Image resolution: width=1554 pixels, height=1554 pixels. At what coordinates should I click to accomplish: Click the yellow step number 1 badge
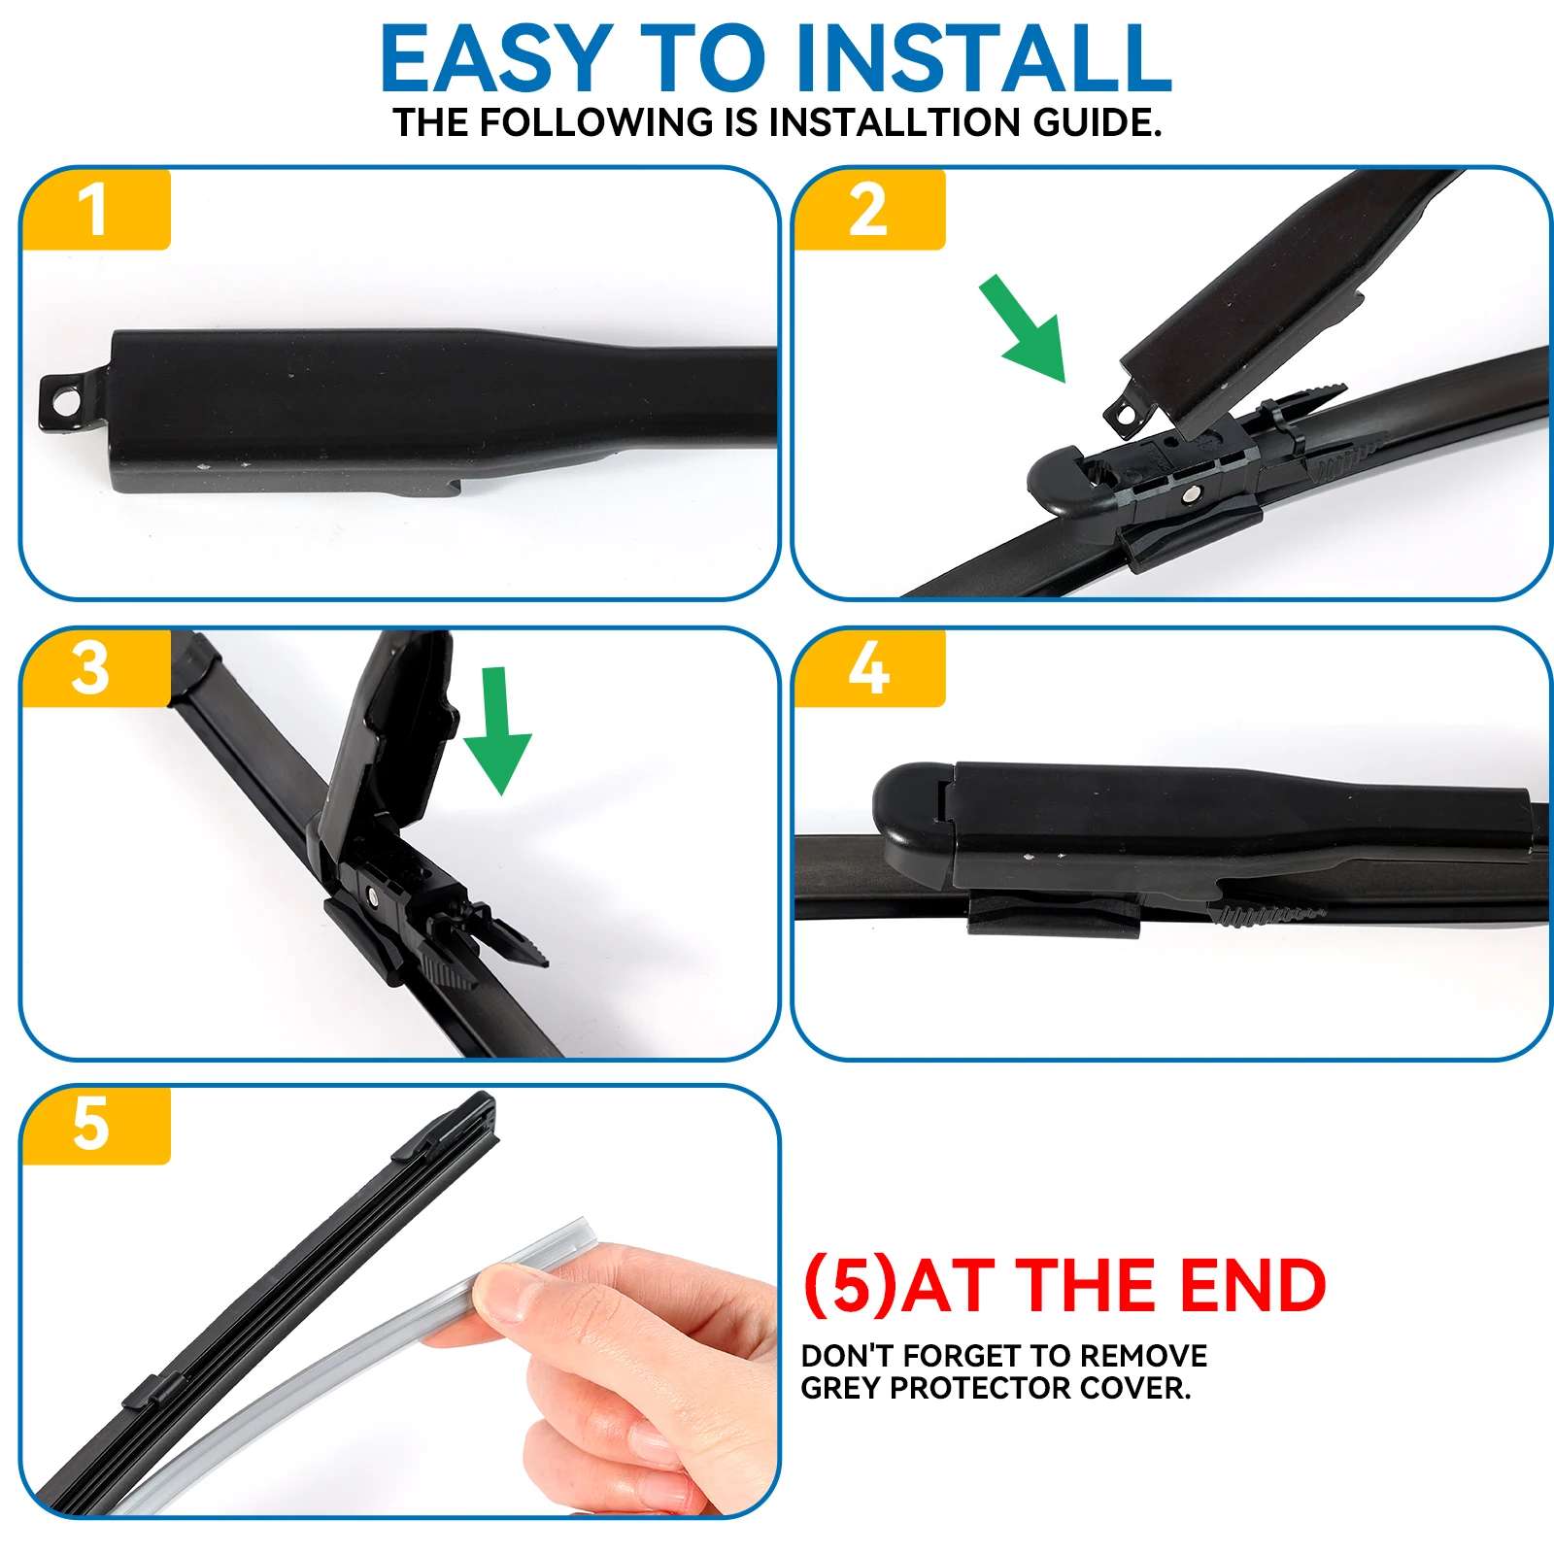pyautogui.click(x=94, y=210)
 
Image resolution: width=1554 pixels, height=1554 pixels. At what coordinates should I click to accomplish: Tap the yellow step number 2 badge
pyautogui.click(x=868, y=210)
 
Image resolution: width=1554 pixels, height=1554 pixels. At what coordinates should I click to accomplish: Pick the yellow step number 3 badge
pyautogui.click(x=92, y=668)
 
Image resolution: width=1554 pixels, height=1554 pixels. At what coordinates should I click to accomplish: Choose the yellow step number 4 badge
pyautogui.click(x=868, y=668)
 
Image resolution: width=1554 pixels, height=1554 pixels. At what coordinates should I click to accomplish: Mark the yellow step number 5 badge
pyautogui.click(x=92, y=1125)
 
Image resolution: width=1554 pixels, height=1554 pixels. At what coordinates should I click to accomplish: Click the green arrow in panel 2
pyautogui.click(x=1026, y=331)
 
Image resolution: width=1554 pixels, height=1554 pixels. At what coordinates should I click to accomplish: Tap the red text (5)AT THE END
pyautogui.click(x=1064, y=1286)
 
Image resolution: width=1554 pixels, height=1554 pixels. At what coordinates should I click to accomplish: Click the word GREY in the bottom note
pyautogui.click(x=841, y=1388)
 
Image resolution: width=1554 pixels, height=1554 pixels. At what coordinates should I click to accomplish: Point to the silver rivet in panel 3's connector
pyautogui.click(x=372, y=895)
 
